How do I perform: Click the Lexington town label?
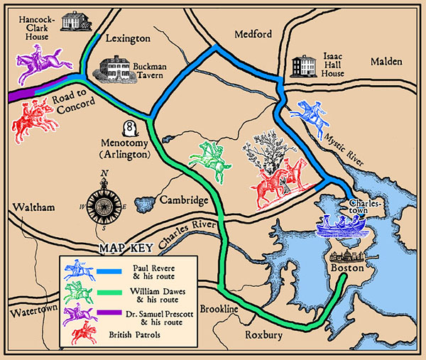128,38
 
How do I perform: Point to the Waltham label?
27,207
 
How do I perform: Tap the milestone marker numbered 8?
130,129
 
